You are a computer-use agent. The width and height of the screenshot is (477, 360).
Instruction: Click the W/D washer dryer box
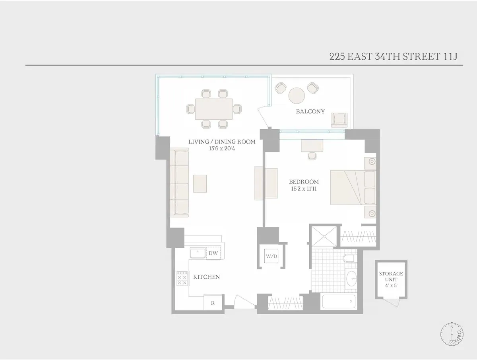click(x=271, y=256)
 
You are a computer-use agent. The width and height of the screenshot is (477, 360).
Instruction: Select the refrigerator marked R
click(x=213, y=303)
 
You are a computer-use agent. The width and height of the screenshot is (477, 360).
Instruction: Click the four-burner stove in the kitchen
click(x=182, y=278)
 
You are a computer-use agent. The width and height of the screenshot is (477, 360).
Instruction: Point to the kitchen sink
click(x=197, y=253)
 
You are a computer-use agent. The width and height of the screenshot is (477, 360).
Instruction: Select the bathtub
click(x=338, y=302)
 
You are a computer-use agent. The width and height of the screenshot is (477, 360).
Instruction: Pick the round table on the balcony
click(x=297, y=95)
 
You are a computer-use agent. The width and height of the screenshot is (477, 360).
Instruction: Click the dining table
click(x=214, y=108)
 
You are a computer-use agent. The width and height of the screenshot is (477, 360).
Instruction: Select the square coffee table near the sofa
click(x=200, y=184)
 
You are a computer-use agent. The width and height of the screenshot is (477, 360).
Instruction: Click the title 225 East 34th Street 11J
click(x=394, y=56)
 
